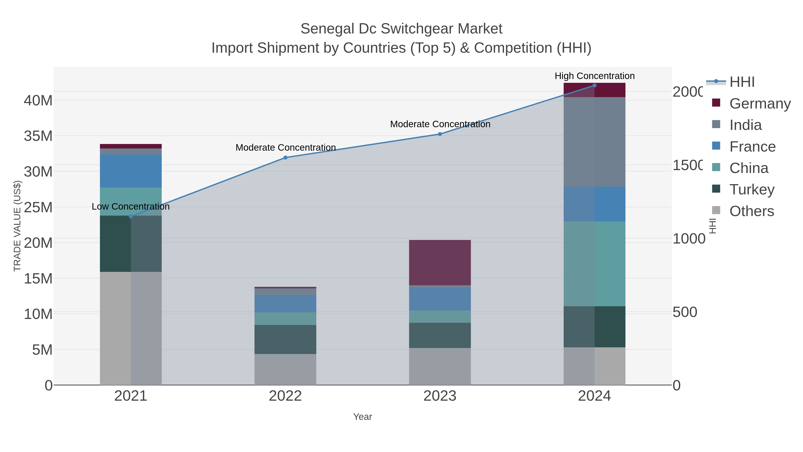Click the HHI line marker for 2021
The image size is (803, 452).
coord(131,217)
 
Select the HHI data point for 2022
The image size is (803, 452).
coord(285,158)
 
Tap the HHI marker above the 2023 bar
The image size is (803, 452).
coord(440,134)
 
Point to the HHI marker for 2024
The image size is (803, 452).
coord(594,85)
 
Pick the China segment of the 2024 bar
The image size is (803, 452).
coord(594,264)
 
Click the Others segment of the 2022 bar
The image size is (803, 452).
coord(285,369)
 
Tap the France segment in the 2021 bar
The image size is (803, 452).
coord(131,171)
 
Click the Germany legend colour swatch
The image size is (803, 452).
coord(716,103)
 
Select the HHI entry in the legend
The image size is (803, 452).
coord(742,82)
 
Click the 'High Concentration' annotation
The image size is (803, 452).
coord(594,76)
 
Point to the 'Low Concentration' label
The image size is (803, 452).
coord(131,206)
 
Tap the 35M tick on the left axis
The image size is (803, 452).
coord(38,136)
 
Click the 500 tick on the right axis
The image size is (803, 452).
coord(685,312)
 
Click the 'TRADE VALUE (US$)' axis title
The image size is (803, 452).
coord(17,226)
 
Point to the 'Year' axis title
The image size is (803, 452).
coord(362,417)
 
